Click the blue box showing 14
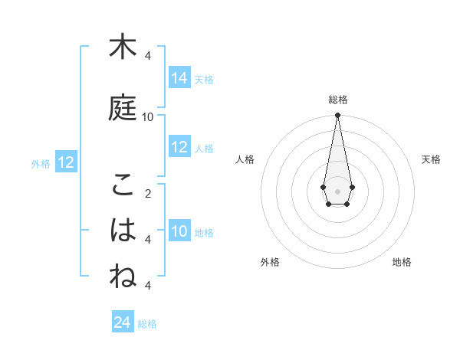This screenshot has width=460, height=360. (179, 78)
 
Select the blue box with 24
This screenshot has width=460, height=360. (123, 322)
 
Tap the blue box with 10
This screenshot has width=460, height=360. (179, 231)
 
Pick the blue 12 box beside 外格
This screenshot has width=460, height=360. (66, 162)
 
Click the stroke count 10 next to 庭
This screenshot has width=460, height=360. (148, 116)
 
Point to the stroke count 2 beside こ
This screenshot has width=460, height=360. (148, 193)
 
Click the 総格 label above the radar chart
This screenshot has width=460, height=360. (337, 100)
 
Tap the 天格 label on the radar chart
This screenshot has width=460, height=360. (431, 159)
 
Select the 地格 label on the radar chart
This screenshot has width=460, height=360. (402, 262)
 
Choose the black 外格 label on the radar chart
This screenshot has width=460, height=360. (270, 262)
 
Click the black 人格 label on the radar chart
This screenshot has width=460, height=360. (245, 159)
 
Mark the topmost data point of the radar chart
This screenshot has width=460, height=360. (337, 116)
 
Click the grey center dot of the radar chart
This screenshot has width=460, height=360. (337, 190)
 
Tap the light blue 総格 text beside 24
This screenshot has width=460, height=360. (147, 324)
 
